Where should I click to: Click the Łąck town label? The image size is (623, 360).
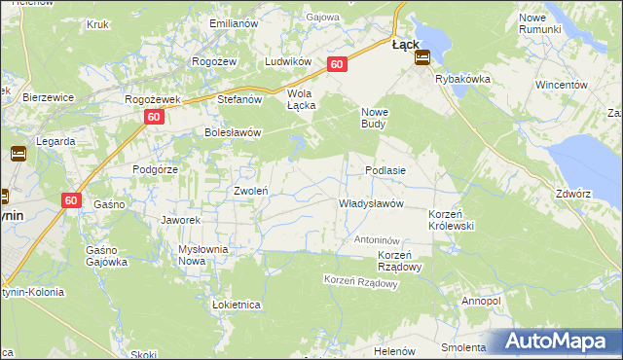click(x=405, y=44)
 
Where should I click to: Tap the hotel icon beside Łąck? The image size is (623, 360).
click(x=421, y=57)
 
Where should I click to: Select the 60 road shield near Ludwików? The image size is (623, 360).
click(x=337, y=64)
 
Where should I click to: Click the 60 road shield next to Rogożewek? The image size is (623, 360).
click(x=155, y=117)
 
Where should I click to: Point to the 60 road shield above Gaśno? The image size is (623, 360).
click(x=71, y=199)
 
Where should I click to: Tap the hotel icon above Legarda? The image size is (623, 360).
click(x=18, y=153)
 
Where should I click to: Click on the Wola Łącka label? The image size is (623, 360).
click(x=302, y=99)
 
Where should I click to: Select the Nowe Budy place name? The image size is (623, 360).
click(x=375, y=117)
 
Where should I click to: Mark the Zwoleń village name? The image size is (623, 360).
click(x=250, y=191)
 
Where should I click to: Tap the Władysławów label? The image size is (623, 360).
click(x=370, y=204)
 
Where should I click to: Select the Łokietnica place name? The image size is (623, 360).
click(x=236, y=305)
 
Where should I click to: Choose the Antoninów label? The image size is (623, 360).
click(x=378, y=239)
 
